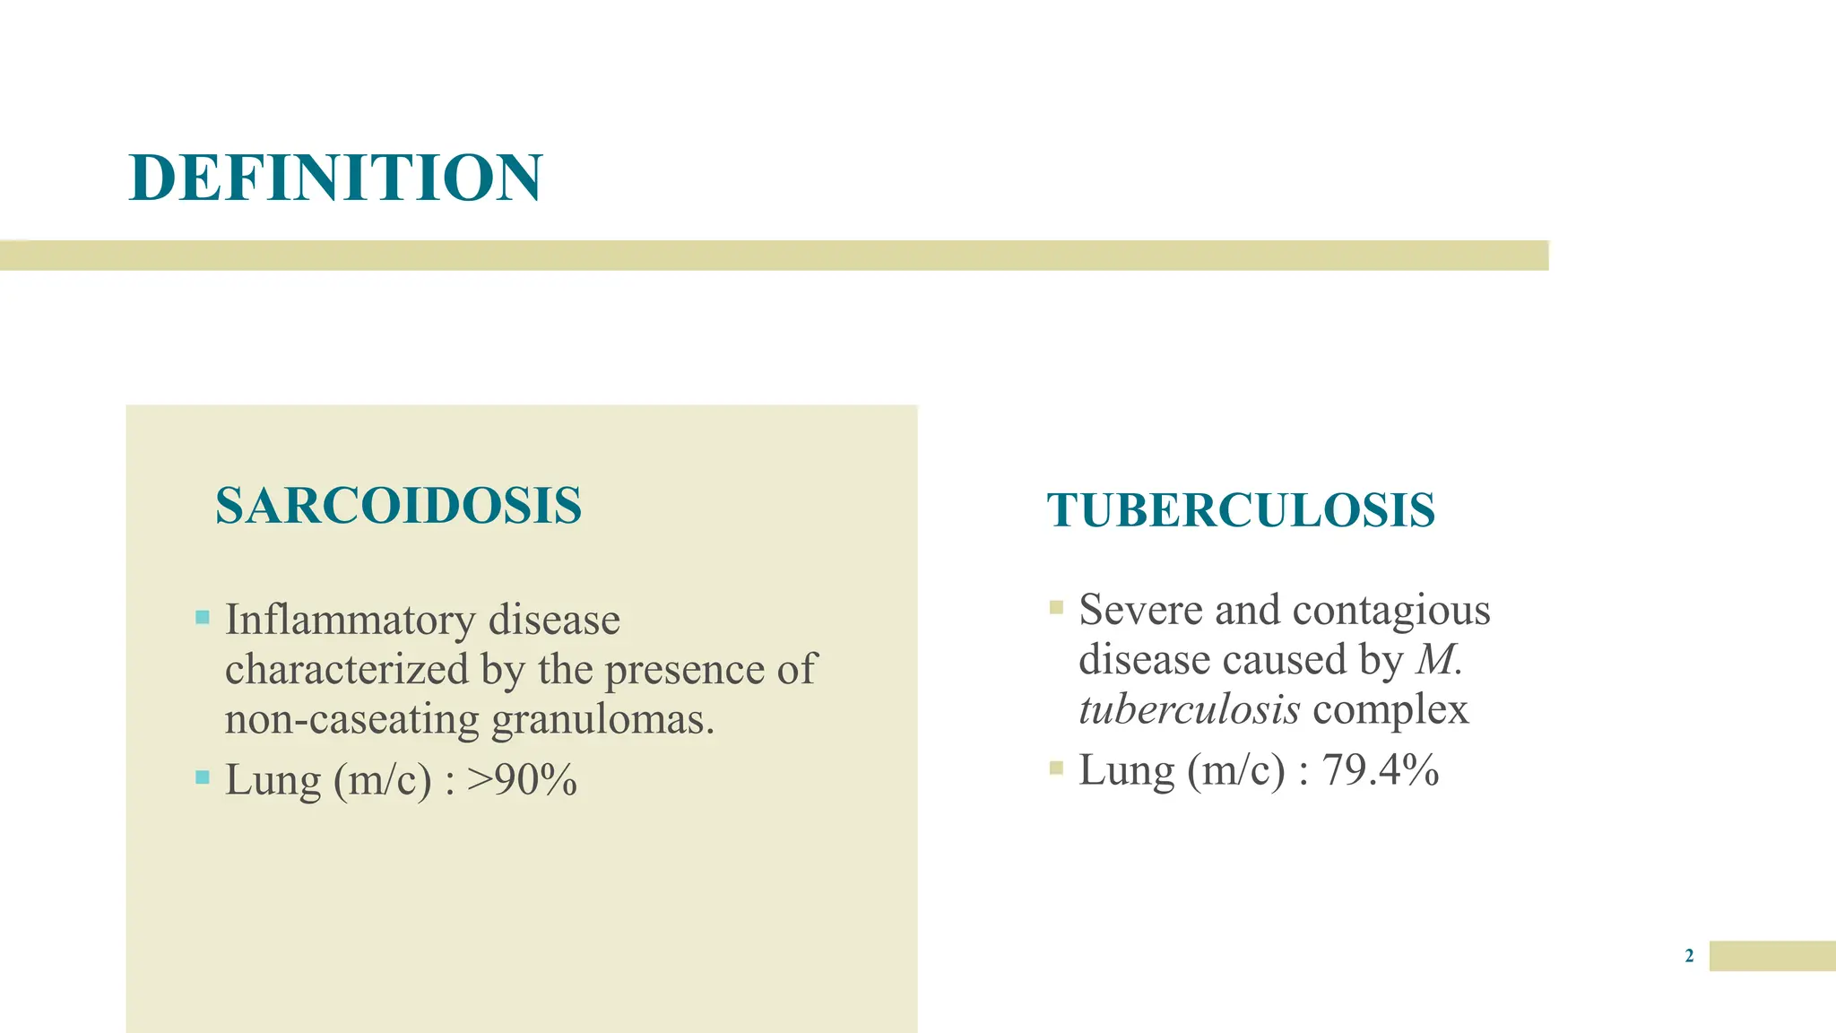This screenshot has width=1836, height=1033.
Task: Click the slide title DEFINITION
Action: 335,177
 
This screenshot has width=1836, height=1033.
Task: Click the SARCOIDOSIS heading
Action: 398,505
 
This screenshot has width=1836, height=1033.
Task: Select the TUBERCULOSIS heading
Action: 1241,510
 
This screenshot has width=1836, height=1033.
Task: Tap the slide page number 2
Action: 1689,956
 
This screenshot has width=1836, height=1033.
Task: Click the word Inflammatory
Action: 350,620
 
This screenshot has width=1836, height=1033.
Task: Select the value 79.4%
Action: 1381,769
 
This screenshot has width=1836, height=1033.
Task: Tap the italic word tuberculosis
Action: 1189,709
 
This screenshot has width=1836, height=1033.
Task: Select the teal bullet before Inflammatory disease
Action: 203,617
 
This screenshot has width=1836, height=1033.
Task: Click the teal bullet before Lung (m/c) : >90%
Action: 203,777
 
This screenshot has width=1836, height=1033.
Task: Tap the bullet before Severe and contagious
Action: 1056,607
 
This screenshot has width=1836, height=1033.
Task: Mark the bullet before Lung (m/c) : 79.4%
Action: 1056,768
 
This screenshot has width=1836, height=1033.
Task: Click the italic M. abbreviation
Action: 1439,660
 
